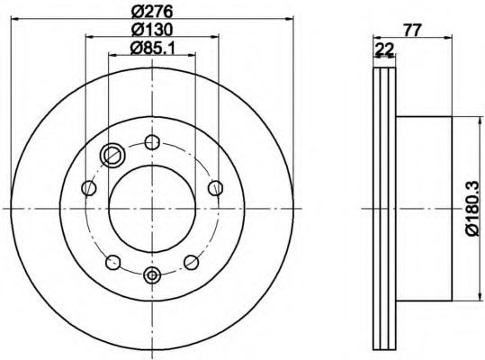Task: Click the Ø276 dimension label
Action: pyautogui.click(x=151, y=12)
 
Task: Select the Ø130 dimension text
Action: pyautogui.click(x=151, y=30)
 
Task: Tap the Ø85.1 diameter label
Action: pyautogui.click(x=152, y=48)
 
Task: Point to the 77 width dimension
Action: pyautogui.click(x=413, y=31)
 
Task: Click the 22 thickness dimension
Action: pyautogui.click(x=384, y=49)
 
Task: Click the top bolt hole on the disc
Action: pyautogui.click(x=152, y=142)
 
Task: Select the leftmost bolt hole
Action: pyautogui.click(x=89, y=188)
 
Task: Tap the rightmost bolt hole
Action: pyautogui.click(x=216, y=188)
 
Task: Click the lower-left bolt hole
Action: pyautogui.click(x=112, y=262)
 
